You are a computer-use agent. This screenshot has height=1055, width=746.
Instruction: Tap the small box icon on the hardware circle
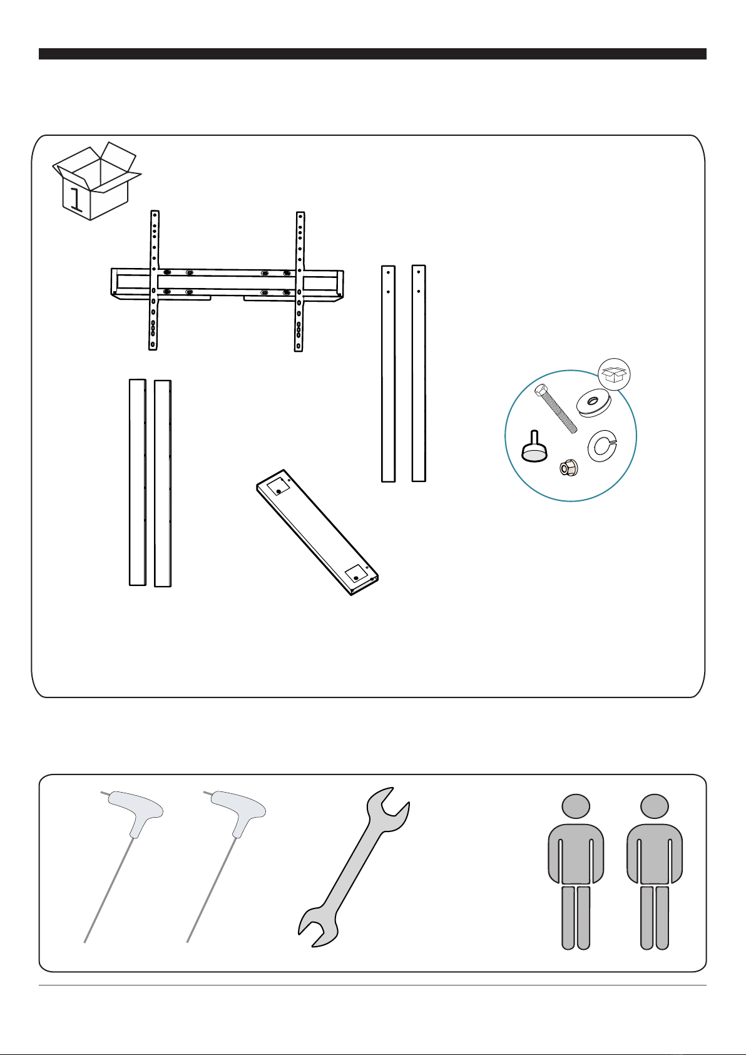(x=614, y=374)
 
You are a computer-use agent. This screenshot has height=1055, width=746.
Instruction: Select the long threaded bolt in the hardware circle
(x=555, y=408)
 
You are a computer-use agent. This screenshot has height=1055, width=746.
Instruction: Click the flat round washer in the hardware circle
(x=594, y=403)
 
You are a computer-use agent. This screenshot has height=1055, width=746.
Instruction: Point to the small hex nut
(x=568, y=467)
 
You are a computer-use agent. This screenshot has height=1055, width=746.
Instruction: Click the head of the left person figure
(x=576, y=806)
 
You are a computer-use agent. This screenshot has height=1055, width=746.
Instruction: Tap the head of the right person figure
(x=654, y=806)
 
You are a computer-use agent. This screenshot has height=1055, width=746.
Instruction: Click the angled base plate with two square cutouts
(x=317, y=532)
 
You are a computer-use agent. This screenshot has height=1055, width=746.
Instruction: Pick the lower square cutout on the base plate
(x=356, y=575)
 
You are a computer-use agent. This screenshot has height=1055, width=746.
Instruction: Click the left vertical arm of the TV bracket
(x=154, y=280)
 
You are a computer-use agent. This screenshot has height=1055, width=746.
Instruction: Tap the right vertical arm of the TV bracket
(x=299, y=282)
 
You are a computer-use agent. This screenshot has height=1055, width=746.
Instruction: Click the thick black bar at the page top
(x=372, y=54)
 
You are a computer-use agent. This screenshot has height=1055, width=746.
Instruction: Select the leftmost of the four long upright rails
(x=138, y=482)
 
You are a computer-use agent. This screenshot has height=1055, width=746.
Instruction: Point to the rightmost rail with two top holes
(x=419, y=374)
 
